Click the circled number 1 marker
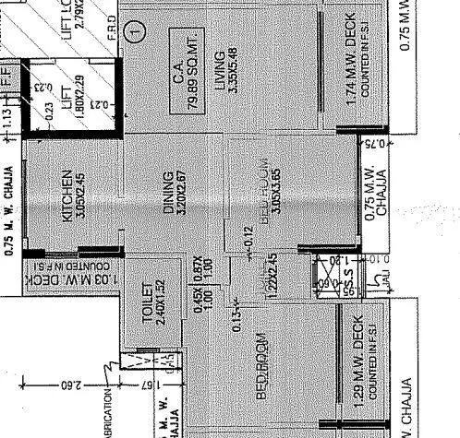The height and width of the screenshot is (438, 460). coord(137,30)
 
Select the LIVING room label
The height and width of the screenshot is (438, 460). coord(221,70)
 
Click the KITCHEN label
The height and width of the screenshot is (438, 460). coord(67,195)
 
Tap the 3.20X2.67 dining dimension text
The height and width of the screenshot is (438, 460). coord(182,193)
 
